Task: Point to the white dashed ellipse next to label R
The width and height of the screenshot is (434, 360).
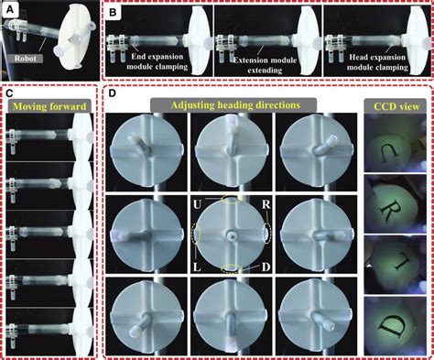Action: click(277, 233)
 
